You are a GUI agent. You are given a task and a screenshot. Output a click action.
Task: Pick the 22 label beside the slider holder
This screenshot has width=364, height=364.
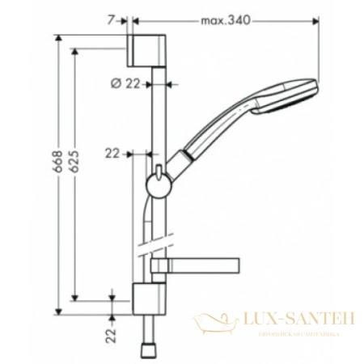112,151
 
